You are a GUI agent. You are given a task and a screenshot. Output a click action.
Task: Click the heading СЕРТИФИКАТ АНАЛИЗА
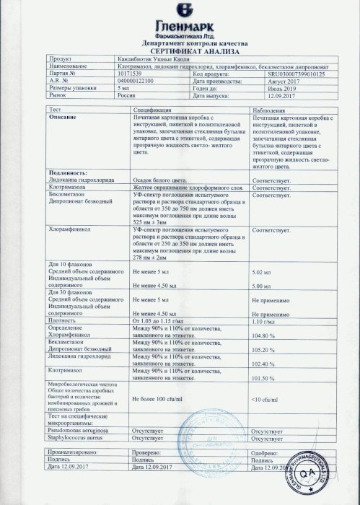[180, 52]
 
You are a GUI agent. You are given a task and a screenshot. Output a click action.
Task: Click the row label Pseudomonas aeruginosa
[80, 430]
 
